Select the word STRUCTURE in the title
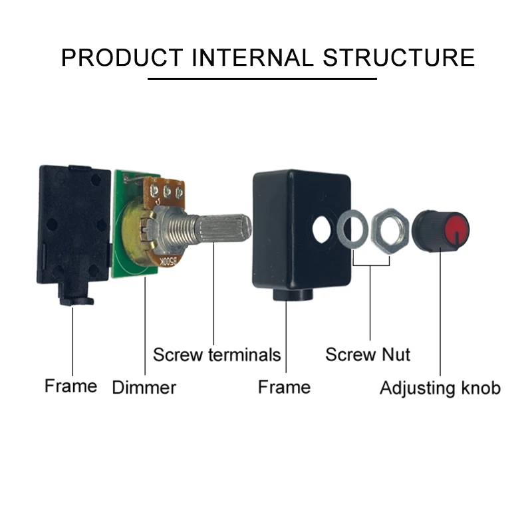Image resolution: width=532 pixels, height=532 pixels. click(x=399, y=57)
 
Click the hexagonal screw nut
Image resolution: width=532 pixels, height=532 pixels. click(x=390, y=231)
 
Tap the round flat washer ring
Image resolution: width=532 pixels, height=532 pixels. click(x=352, y=230)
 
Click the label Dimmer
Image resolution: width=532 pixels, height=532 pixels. click(x=144, y=387)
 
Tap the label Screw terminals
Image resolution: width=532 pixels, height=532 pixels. click(x=217, y=354)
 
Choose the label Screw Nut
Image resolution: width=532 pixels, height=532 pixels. click(x=367, y=354)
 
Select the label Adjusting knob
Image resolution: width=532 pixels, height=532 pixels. click(x=440, y=387)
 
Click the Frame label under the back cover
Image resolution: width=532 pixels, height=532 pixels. click(x=70, y=386)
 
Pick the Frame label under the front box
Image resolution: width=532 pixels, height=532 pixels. click(x=284, y=386)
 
